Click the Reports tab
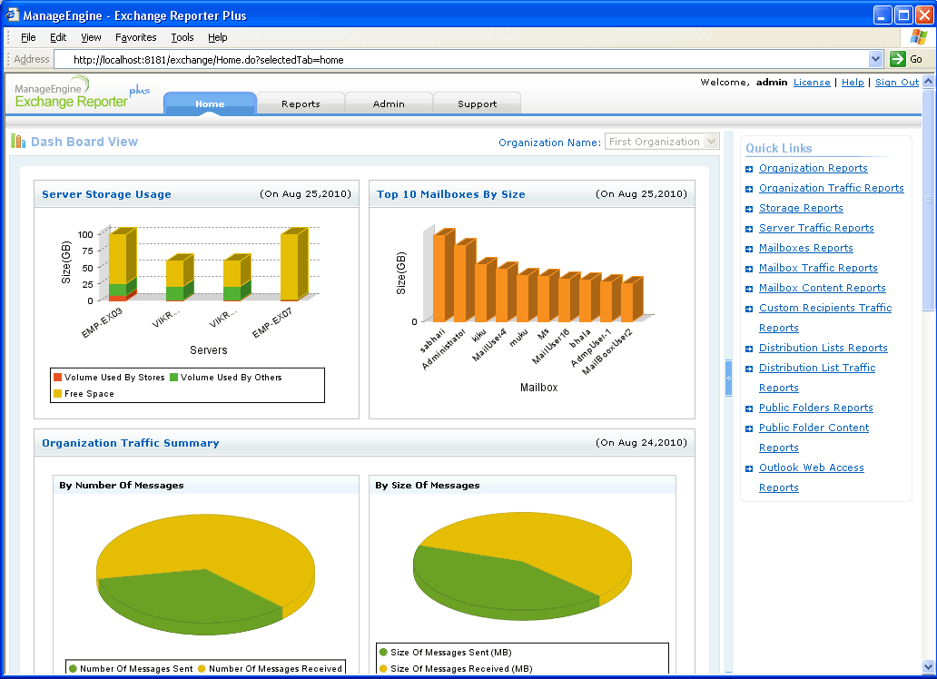pyautogui.click(x=301, y=103)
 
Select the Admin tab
pyautogui.click(x=389, y=103)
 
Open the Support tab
pyautogui.click(x=477, y=103)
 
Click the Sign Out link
pyautogui.click(x=896, y=82)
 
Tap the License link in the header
pyautogui.click(x=812, y=82)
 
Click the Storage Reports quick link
pyautogui.click(x=801, y=208)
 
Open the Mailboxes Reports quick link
pyautogui.click(x=805, y=248)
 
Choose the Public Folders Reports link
pyautogui.click(x=815, y=408)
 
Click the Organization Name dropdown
pyautogui.click(x=662, y=142)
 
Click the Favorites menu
pyautogui.click(x=136, y=37)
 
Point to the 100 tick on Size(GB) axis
pyautogui.click(x=86, y=234)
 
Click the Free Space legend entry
pyautogui.click(x=88, y=394)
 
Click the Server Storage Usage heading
pyautogui.click(x=106, y=194)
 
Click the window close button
pyautogui.click(x=923, y=15)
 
